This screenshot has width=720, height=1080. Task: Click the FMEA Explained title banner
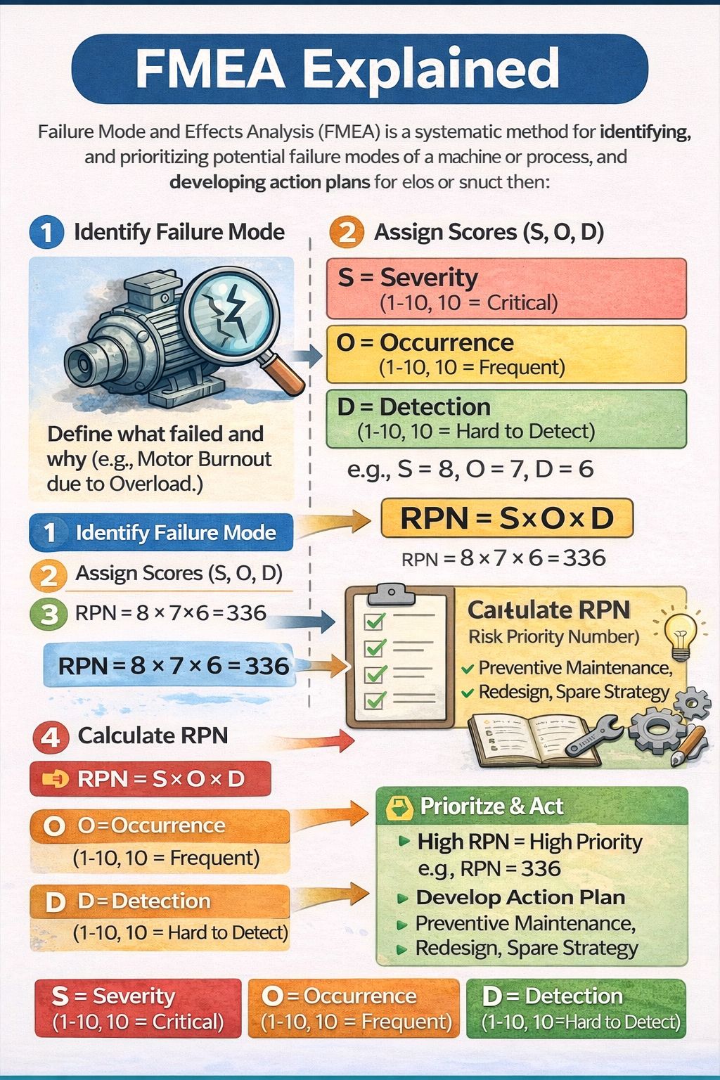coord(360,68)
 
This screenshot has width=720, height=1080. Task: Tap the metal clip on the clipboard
coord(392,594)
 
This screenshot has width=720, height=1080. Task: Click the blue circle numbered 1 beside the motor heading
coord(47,233)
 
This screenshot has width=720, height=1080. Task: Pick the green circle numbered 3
coord(49,615)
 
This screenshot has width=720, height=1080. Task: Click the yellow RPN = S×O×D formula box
coord(507,518)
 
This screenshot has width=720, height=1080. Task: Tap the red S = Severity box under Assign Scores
coord(506,289)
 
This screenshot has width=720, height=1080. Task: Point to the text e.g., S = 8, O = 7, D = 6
coord(470,469)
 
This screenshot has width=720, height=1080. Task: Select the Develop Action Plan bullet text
coord(521,897)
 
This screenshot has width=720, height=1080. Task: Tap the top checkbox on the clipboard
coord(375,621)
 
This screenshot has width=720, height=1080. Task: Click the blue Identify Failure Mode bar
coord(161,533)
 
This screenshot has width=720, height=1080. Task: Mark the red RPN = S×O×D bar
coord(150,779)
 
